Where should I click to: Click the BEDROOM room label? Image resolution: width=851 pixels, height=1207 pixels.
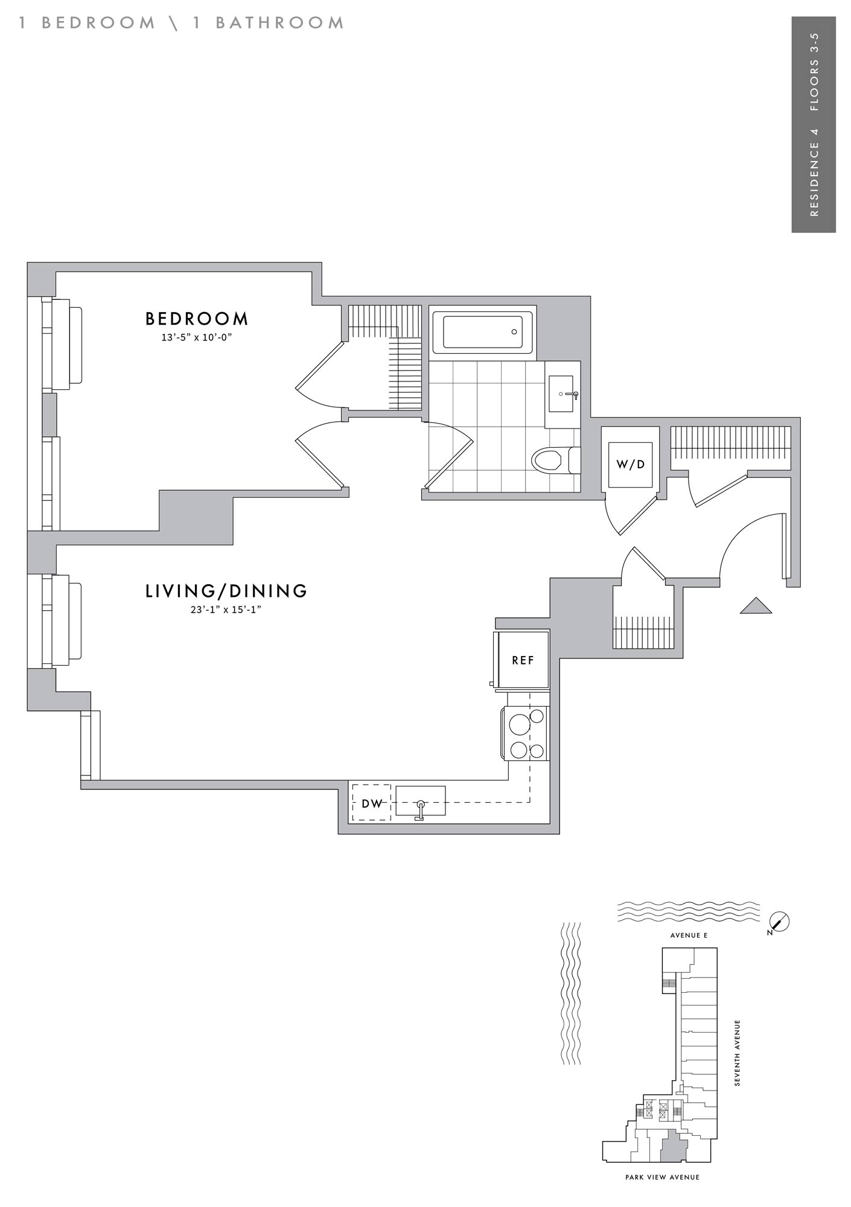tap(197, 318)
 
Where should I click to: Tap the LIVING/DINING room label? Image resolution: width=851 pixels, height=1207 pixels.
tap(226, 591)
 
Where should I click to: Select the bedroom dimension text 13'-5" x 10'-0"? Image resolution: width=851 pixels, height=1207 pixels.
tap(197, 337)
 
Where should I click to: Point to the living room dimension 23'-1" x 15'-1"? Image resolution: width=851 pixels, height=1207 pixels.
tap(226, 610)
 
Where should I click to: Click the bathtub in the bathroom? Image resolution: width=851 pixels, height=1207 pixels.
tap(483, 332)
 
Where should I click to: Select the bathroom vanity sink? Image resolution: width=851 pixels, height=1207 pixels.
tap(561, 394)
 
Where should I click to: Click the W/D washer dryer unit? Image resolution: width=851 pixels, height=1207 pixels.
tap(631, 464)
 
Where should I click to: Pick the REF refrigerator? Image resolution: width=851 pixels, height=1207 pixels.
tap(523, 660)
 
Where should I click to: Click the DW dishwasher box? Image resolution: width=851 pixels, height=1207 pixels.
tap(372, 803)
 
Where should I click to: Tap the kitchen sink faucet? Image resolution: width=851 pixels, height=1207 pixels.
tap(420, 809)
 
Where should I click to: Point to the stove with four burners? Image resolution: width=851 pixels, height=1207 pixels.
tap(526, 733)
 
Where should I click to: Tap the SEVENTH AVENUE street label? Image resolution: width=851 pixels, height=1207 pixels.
tap(737, 1053)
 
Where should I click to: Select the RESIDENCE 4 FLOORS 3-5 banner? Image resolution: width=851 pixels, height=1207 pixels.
tap(814, 124)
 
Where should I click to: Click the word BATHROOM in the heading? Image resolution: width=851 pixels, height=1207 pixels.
tap(280, 23)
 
